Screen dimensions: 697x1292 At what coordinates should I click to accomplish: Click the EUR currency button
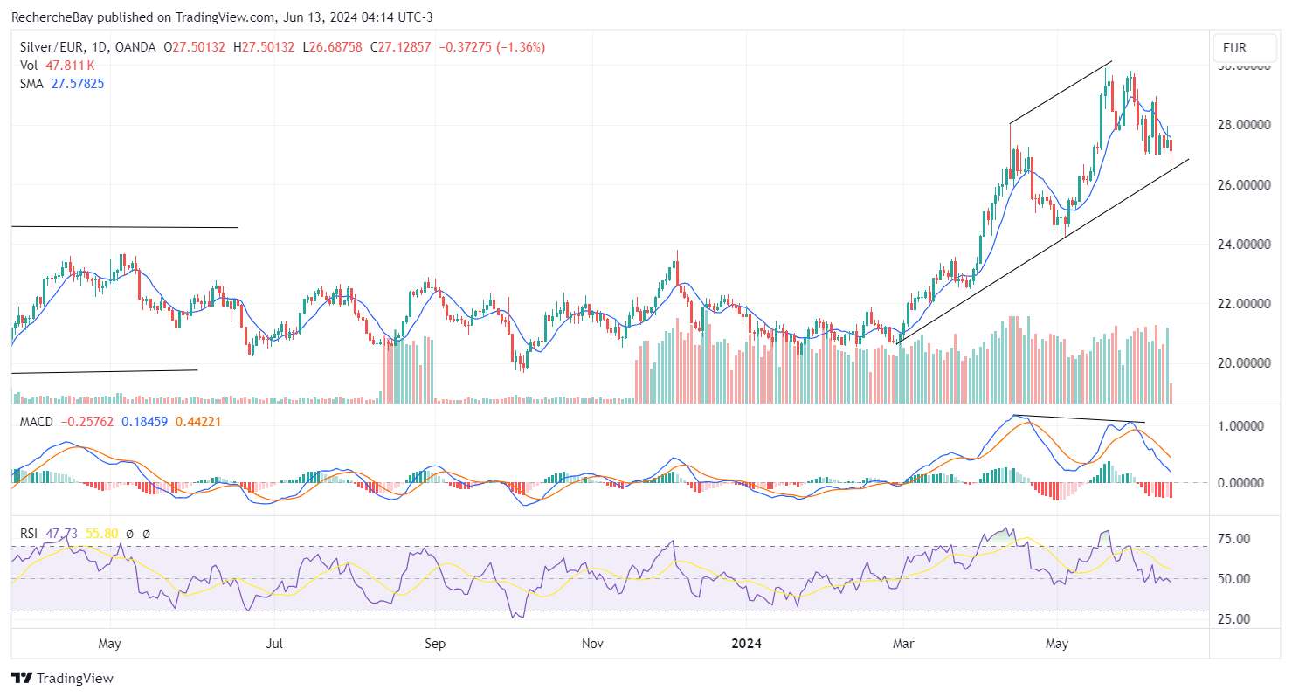coord(1234,47)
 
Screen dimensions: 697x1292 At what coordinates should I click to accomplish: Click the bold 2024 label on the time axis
coord(746,645)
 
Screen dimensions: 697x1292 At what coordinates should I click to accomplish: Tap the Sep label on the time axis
coord(434,645)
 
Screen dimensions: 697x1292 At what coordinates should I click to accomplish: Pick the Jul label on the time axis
coord(273,645)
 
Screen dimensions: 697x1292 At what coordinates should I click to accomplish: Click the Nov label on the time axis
coord(592,645)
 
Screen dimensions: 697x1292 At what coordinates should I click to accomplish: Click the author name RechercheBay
coord(50,17)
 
